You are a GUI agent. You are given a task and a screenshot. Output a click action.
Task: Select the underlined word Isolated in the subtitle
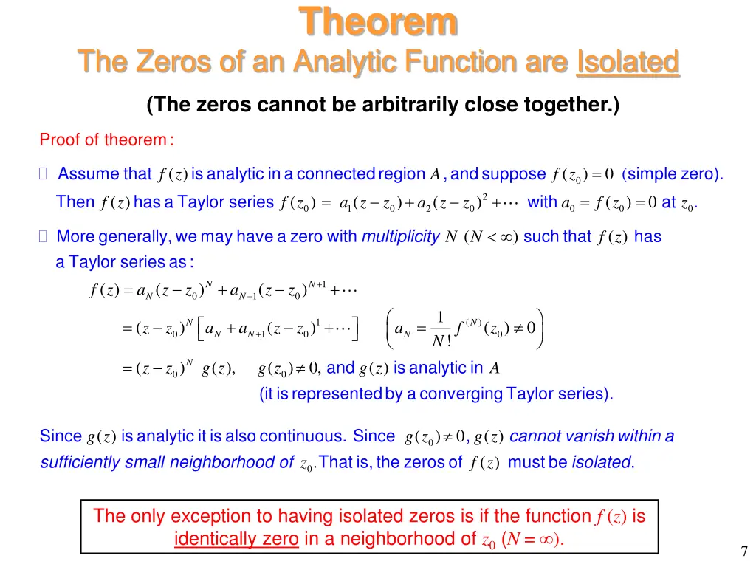coord(627,63)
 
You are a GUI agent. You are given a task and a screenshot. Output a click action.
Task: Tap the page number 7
coord(744,551)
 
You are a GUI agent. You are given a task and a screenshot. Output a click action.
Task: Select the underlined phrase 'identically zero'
coord(236,539)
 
